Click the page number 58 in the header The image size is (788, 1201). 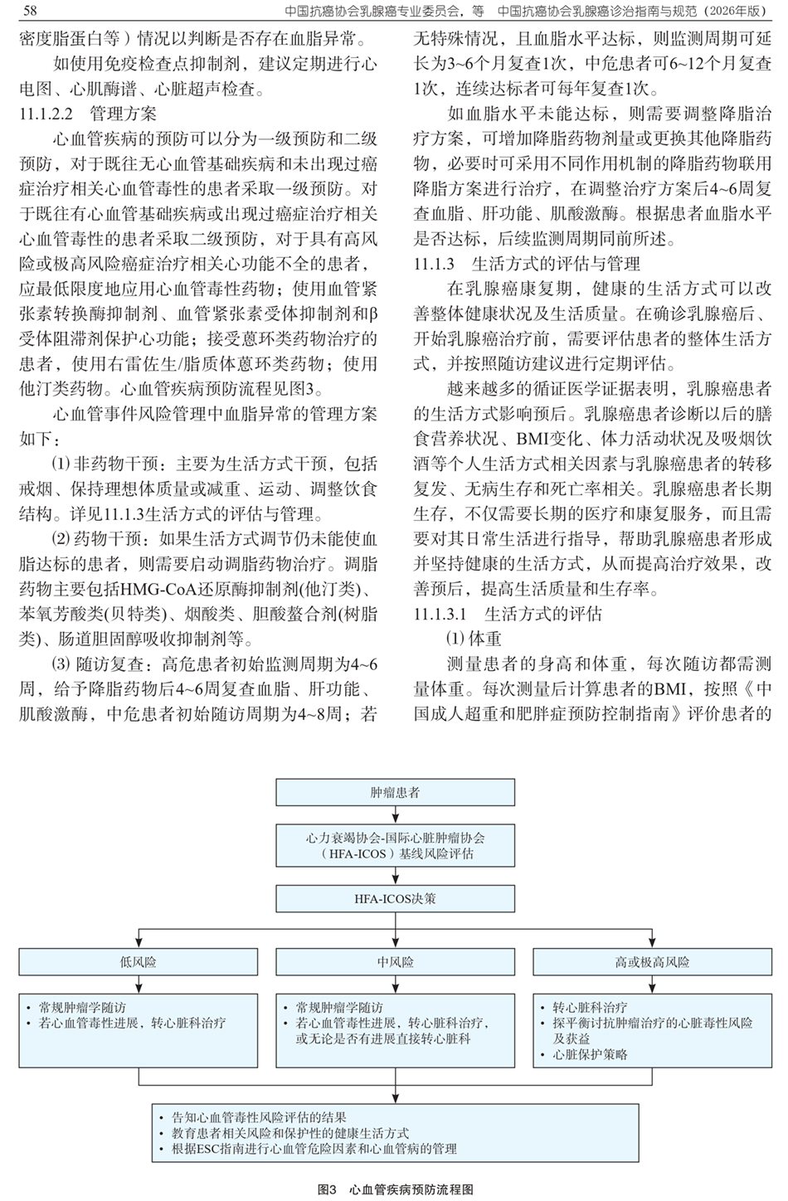click(32, 10)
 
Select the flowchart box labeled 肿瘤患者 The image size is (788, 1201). click(394, 792)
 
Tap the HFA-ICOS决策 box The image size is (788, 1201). click(394, 898)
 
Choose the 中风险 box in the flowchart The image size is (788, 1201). click(394, 962)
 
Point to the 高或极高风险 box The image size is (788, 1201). click(651, 962)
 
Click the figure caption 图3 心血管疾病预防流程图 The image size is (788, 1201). click(395, 1189)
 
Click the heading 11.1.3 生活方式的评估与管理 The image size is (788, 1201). click(527, 264)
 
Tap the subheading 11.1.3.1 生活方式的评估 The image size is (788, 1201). click(508, 615)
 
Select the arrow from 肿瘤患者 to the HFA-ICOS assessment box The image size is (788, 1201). click(394, 814)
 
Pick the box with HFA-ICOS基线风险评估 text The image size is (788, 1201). click(394, 845)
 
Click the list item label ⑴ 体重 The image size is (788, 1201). click(474, 639)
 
